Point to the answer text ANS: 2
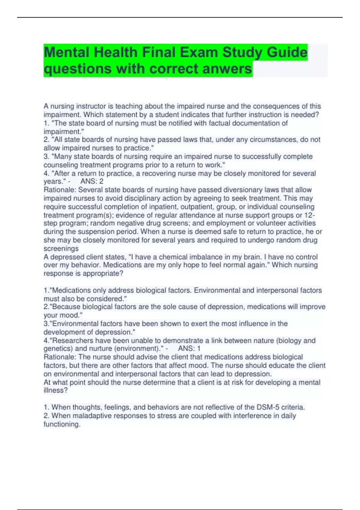coord(92,181)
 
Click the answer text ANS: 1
coord(189,348)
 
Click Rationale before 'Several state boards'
coord(60,190)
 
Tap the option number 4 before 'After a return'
coord(46,173)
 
